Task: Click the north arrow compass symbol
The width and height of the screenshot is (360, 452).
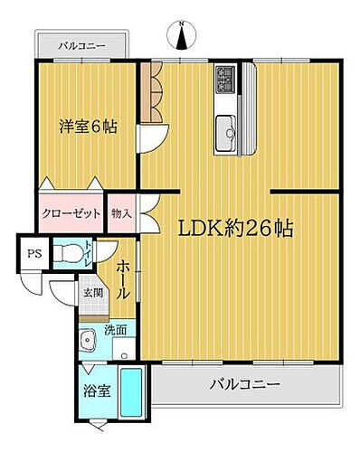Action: pyautogui.click(x=181, y=36)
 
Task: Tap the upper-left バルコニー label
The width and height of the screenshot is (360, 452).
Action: pyautogui.click(x=82, y=44)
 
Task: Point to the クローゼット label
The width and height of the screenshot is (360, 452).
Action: pyautogui.click(x=71, y=214)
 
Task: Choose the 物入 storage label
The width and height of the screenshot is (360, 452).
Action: pyautogui.click(x=121, y=214)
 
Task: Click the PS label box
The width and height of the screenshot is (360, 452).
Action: pyautogui.click(x=33, y=253)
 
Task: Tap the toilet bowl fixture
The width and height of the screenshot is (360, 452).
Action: pyautogui.click(x=67, y=254)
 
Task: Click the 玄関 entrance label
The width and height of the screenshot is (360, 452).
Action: pyautogui.click(x=93, y=293)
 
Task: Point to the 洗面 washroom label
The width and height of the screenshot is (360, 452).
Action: pyautogui.click(x=114, y=331)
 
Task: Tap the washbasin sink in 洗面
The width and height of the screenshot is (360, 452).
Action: pyautogui.click(x=88, y=341)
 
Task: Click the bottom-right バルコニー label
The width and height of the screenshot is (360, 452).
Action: pyautogui.click(x=245, y=383)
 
